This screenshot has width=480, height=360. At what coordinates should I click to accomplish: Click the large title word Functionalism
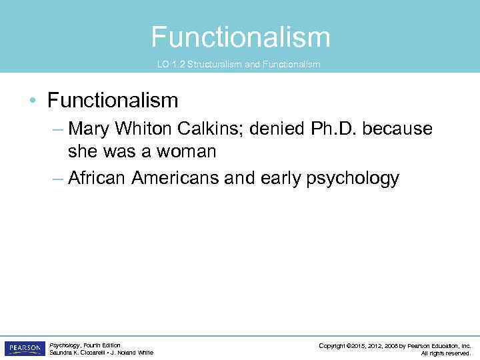point(240,37)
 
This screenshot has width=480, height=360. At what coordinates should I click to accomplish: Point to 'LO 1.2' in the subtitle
point(171,65)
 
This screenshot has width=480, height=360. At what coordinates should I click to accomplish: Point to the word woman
point(187,152)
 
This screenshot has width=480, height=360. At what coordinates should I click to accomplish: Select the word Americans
point(175,178)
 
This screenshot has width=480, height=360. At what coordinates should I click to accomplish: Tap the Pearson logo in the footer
point(24,349)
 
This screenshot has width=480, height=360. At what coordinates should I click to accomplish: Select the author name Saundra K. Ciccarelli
point(73,353)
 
